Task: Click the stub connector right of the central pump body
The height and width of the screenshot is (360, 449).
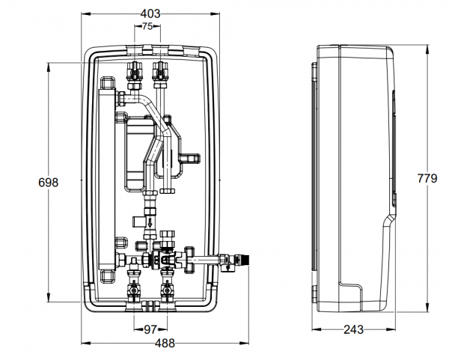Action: coord(190,158)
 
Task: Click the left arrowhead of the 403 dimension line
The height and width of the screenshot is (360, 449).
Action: coord(82,14)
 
